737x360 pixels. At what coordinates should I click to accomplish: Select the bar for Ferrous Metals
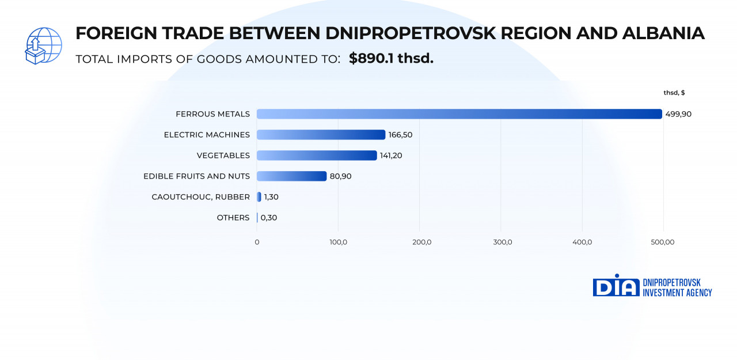(x=459, y=114)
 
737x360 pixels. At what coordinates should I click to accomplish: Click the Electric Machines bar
(x=321, y=135)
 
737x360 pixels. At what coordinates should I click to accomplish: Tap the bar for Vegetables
(x=317, y=156)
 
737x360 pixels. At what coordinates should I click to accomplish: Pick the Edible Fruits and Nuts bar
(x=291, y=176)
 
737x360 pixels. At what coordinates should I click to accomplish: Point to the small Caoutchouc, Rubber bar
(x=259, y=197)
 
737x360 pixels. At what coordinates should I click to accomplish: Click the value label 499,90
(x=678, y=114)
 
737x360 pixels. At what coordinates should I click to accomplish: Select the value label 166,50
(x=400, y=135)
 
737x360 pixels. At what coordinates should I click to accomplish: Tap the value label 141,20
(x=392, y=156)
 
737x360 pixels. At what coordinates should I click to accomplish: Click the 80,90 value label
(x=340, y=176)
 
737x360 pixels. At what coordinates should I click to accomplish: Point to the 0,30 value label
(x=269, y=218)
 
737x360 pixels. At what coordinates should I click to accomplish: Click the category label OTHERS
(x=233, y=218)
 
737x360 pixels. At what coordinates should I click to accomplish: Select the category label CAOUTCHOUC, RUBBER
(x=200, y=197)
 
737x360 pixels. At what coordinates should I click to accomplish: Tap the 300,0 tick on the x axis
(x=503, y=242)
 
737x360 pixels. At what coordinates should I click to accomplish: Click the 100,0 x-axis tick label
(x=338, y=242)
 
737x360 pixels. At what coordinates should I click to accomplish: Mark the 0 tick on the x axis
(x=257, y=242)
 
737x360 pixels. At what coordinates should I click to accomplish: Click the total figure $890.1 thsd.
(x=391, y=59)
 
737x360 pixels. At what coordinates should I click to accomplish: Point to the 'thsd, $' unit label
(x=674, y=93)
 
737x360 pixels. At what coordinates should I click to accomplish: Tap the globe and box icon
(x=43, y=46)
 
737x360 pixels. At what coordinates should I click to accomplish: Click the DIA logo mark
(x=616, y=286)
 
